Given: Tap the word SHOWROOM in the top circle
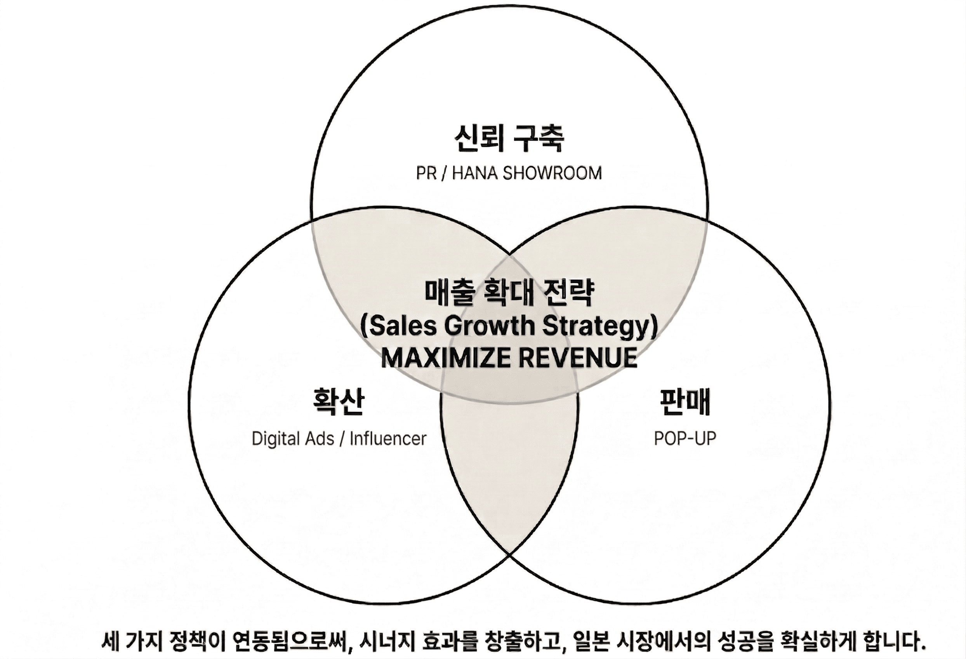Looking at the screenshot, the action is [x=552, y=173].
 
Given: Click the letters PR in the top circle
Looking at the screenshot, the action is [x=426, y=173].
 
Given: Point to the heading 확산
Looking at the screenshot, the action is [x=338, y=401].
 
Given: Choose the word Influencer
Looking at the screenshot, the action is [x=388, y=439].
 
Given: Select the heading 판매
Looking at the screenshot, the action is [x=685, y=401].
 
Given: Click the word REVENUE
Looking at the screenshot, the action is [x=579, y=358].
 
